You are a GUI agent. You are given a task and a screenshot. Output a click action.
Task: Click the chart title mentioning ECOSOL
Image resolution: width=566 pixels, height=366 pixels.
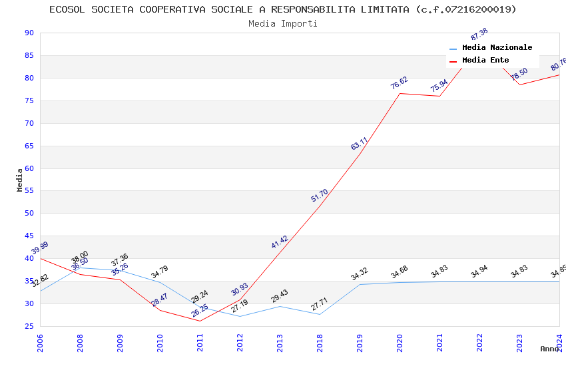(x=282, y=9)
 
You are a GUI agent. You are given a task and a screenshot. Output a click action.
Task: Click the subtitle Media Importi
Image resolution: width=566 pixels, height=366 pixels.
(x=282, y=24)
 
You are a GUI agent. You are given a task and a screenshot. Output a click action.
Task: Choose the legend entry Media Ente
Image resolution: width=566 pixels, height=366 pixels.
(x=485, y=61)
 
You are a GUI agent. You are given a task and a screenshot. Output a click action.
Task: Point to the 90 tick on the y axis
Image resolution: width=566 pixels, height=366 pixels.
(x=29, y=33)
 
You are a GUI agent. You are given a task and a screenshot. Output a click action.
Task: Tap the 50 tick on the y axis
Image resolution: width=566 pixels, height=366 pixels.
(x=29, y=214)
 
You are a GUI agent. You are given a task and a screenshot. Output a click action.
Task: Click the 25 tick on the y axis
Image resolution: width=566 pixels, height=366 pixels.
(x=29, y=326)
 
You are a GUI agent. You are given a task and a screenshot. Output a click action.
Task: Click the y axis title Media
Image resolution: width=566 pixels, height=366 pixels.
(x=20, y=180)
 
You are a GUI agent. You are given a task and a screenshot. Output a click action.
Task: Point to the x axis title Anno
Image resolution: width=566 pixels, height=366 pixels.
(x=549, y=349)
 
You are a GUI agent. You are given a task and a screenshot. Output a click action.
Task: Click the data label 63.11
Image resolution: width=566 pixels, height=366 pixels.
(x=360, y=144)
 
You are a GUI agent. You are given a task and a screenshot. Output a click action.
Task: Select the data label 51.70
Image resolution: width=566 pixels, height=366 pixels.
(x=320, y=196)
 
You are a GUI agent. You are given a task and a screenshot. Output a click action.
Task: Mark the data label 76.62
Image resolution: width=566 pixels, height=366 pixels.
(x=400, y=83)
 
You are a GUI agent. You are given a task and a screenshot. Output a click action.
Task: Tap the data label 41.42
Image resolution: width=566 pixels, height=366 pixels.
(x=280, y=242)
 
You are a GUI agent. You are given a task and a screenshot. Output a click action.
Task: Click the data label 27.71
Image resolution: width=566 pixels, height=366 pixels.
(x=320, y=305)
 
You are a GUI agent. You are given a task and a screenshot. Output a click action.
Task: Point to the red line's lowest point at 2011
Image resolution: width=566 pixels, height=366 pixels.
(x=200, y=321)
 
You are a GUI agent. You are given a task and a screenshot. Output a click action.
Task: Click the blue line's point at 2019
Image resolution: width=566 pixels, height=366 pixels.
(x=360, y=284)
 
